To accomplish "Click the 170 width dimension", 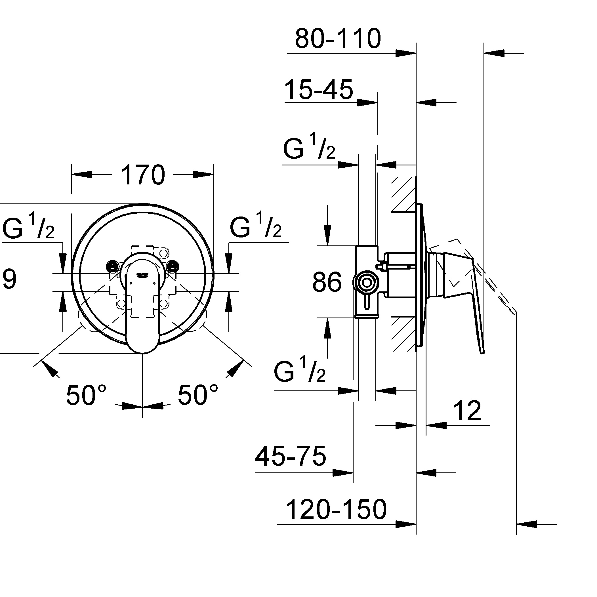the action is tap(143, 175).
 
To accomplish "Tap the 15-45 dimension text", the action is tap(319, 90).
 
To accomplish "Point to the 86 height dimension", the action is tap(327, 282).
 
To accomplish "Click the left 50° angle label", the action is tap(86, 395).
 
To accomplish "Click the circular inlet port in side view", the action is tap(367, 283).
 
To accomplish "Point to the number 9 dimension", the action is tap(9, 279).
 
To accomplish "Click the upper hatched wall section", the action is tap(403, 194).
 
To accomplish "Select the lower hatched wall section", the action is tap(403, 334).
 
